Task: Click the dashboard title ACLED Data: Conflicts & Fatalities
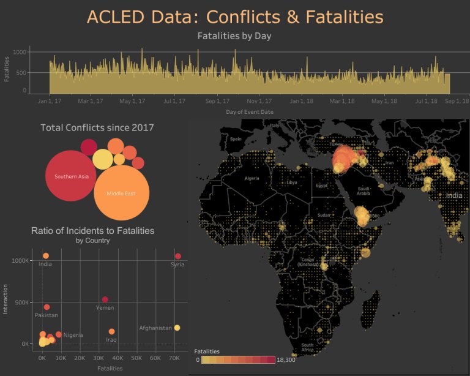tap(235, 17)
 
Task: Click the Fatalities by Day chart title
tap(234, 36)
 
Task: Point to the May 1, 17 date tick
tap(132, 101)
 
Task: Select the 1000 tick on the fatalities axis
tap(20, 53)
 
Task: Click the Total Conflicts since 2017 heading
tap(97, 127)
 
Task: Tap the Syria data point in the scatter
tap(178, 256)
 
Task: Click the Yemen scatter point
tap(105, 299)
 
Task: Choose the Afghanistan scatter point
tap(177, 328)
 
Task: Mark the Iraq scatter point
tap(111, 331)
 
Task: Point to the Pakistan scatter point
tap(47, 307)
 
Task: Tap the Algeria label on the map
tap(252, 178)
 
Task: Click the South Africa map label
tap(307, 347)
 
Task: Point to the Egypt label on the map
tap(322, 185)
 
